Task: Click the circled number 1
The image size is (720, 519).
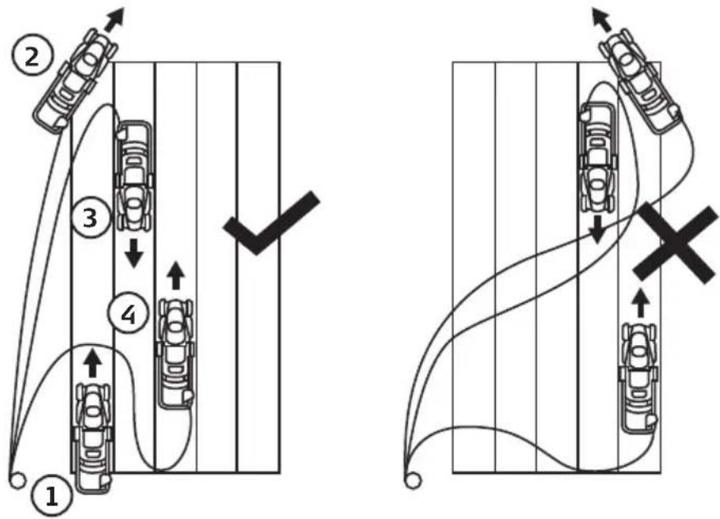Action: coord(51,497)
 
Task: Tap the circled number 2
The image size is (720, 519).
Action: coord(32,58)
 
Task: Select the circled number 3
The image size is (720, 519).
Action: coord(91,218)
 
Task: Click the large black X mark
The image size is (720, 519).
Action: coord(675,242)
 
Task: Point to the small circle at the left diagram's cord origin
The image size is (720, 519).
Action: coord(17,480)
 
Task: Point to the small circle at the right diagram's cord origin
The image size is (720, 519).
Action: coord(413,481)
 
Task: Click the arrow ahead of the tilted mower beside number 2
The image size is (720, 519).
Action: coord(115,19)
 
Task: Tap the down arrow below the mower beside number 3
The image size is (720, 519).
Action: coord(134,253)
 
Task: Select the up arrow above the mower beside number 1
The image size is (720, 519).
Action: coord(93,362)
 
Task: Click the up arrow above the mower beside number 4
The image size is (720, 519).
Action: coord(175,275)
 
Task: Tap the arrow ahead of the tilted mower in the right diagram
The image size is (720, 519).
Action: coord(601,18)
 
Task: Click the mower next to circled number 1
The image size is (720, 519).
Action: coord(93,438)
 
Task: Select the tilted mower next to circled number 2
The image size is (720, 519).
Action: coord(76,81)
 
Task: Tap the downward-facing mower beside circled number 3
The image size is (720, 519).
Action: coord(134,175)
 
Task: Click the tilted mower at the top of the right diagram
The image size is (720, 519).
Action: coord(641,81)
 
